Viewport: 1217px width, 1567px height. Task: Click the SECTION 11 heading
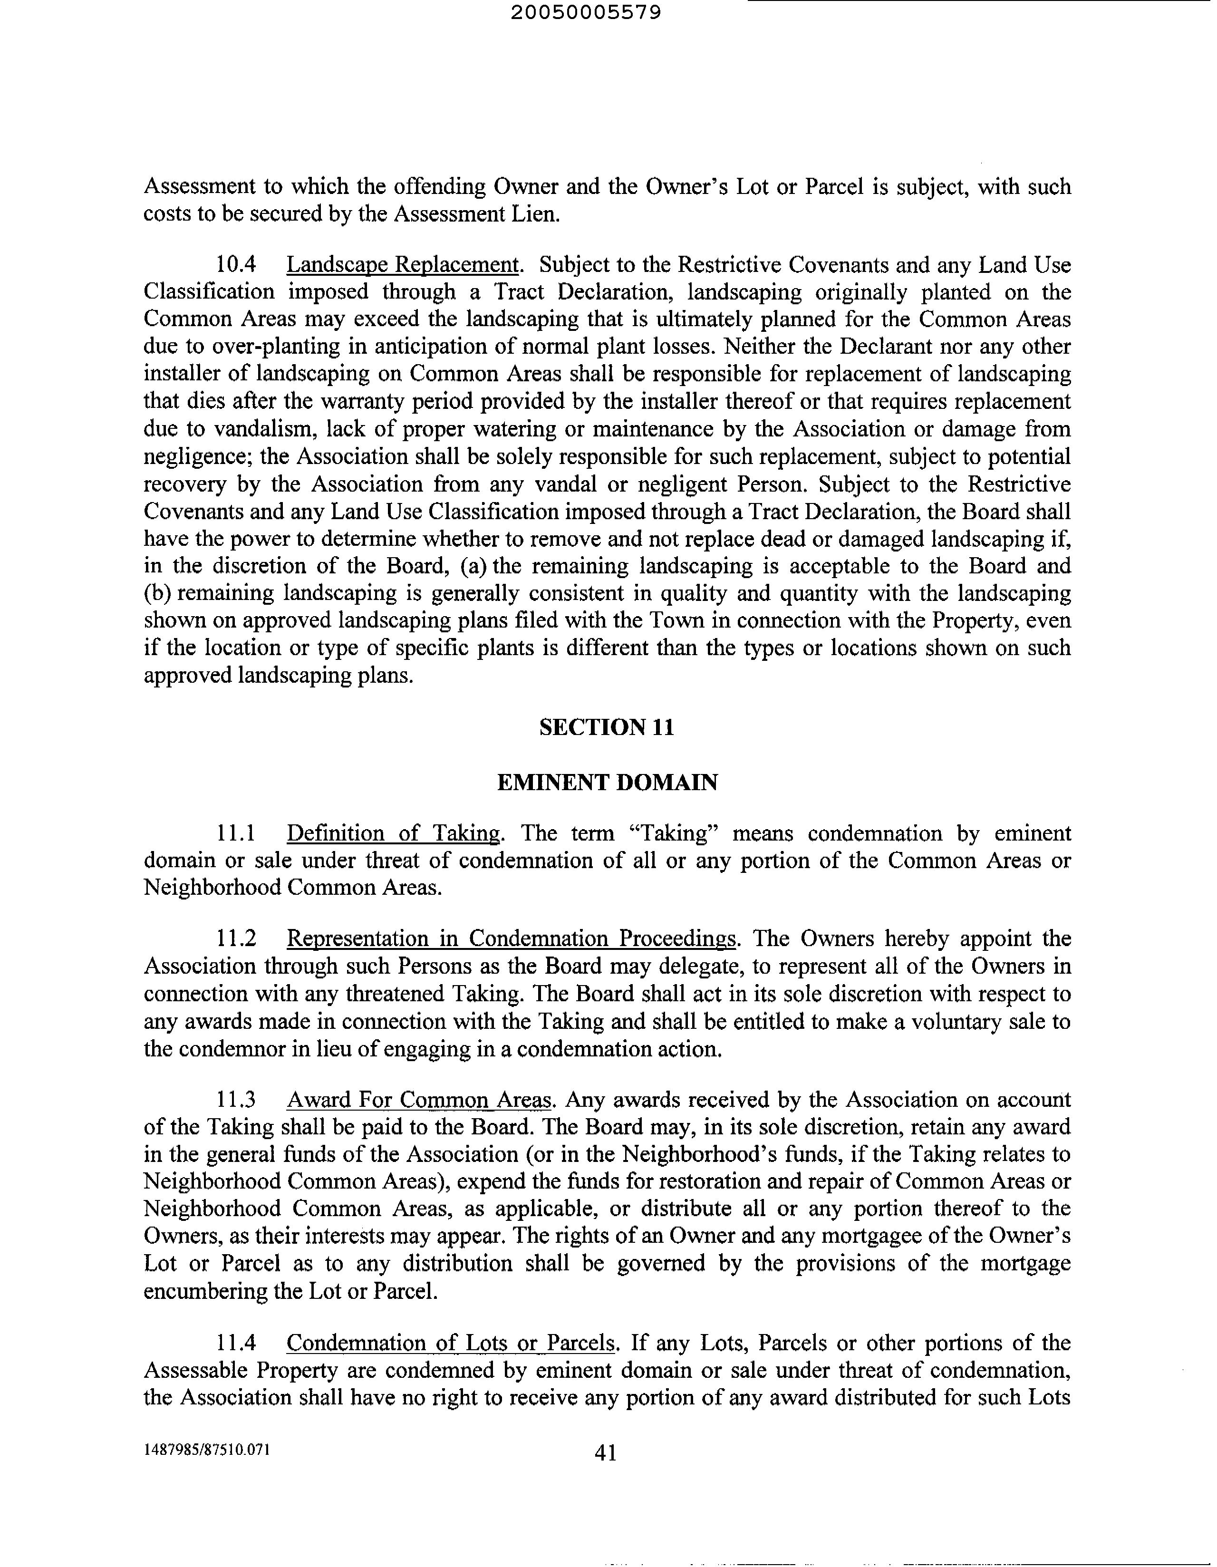[606, 727]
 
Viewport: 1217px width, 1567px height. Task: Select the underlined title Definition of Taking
[393, 834]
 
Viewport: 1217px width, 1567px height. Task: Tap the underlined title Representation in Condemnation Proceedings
[512, 939]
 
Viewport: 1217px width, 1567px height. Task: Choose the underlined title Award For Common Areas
[420, 1100]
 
